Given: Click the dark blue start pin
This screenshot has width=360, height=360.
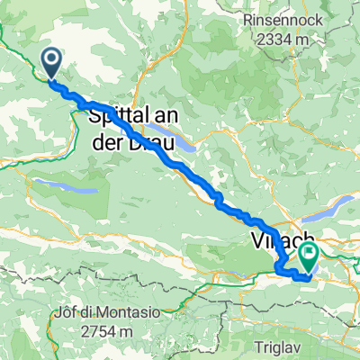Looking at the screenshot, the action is point(51,62).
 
